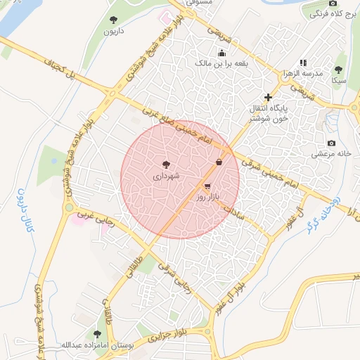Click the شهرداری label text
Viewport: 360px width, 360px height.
[166, 178]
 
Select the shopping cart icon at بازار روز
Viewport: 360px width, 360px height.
[207, 186]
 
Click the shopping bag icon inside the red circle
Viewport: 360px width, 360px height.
[221, 162]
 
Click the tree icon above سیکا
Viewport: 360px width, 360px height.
[339, 70]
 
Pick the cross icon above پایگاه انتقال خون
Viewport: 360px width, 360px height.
[267, 97]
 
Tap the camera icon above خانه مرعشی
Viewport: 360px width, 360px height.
[332, 142]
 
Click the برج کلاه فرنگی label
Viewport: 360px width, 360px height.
[332, 13]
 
